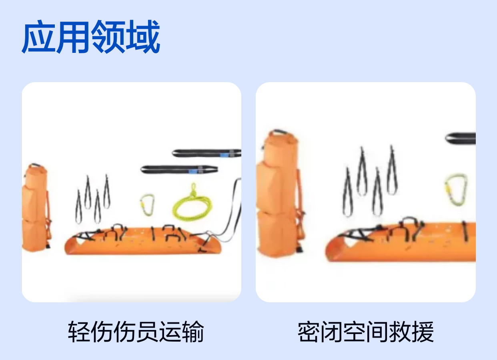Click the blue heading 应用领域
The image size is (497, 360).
tap(91, 37)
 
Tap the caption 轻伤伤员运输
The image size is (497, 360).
tap(136, 331)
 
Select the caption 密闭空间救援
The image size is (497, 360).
tap(366, 331)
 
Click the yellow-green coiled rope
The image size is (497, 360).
tap(192, 203)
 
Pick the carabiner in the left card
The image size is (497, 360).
tap(147, 205)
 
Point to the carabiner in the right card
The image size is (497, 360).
tap(456, 189)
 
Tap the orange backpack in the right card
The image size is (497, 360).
tap(280, 193)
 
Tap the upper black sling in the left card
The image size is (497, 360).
tap(207, 153)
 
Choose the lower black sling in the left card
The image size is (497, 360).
tap(179, 169)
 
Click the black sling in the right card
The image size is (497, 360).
tap(461, 138)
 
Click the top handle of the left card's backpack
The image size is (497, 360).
tap(36, 165)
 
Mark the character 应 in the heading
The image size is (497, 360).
tap(39, 37)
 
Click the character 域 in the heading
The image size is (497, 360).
tap(143, 37)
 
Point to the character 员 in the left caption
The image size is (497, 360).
tap(147, 331)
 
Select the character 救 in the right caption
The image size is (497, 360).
tap(400, 331)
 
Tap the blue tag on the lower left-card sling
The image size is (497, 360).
tap(193, 171)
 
